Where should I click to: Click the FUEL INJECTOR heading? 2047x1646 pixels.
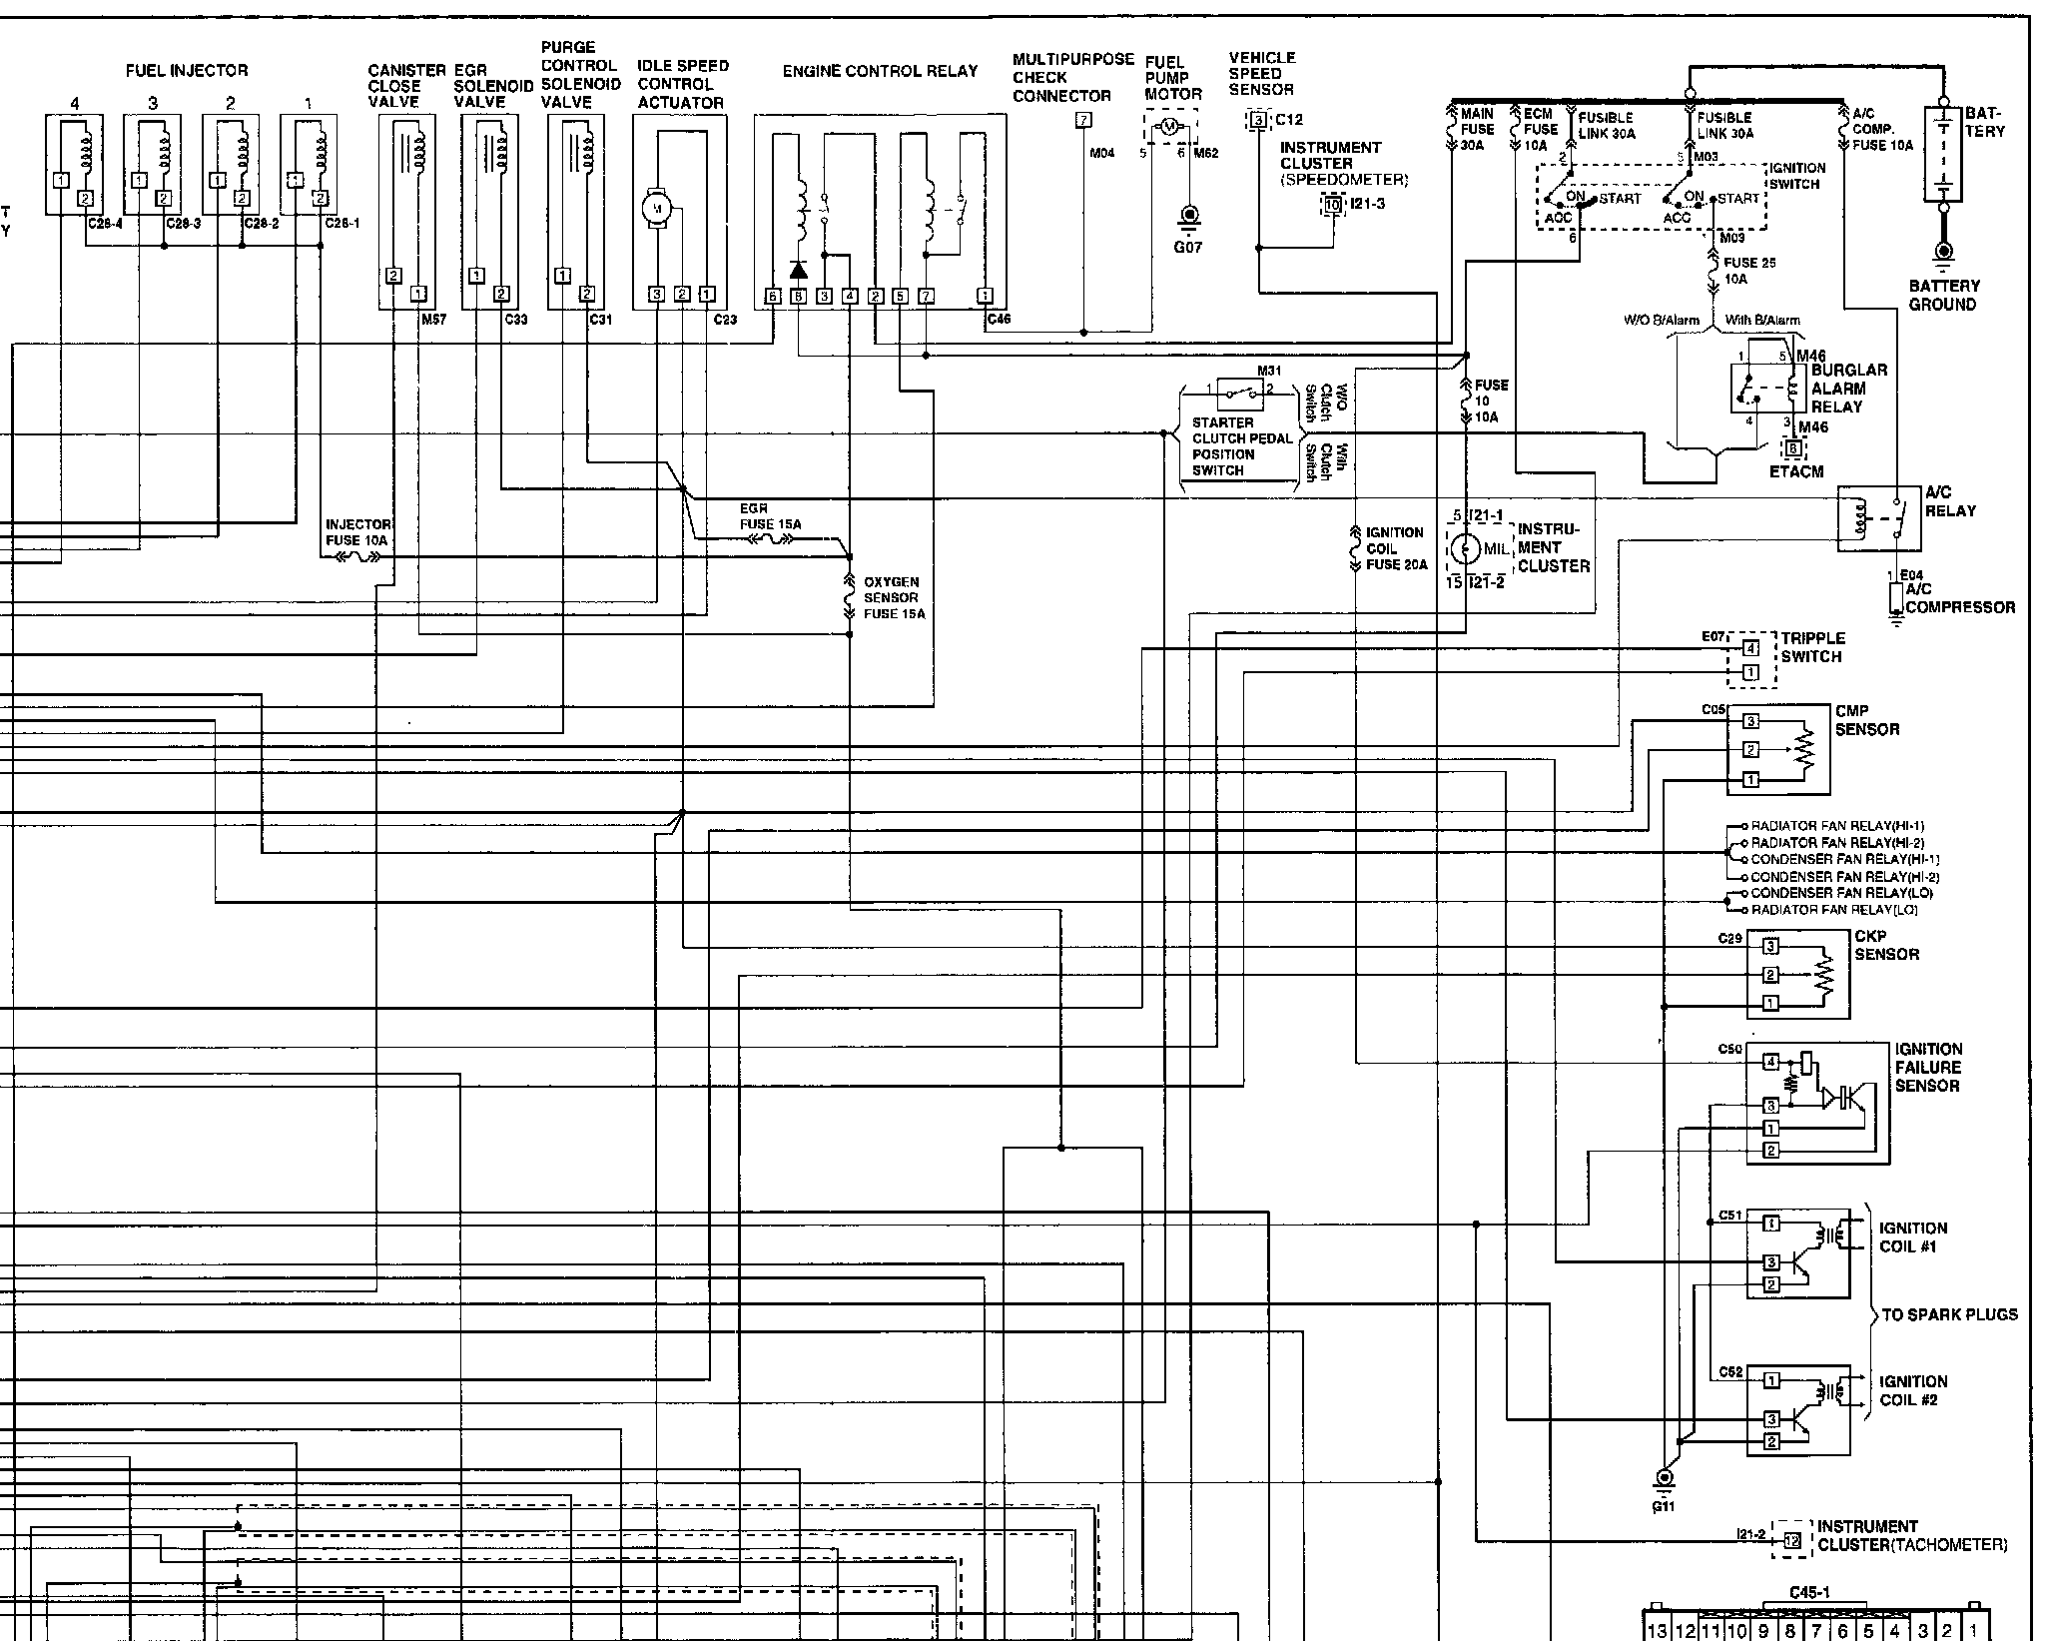point(187,71)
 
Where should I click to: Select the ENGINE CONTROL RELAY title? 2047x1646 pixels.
point(880,71)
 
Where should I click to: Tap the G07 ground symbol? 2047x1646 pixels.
point(1188,217)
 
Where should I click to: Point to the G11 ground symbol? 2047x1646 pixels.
point(1664,1478)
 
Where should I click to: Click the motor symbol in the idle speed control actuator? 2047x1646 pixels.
point(656,208)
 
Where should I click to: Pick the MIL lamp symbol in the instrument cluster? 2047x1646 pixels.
point(1465,548)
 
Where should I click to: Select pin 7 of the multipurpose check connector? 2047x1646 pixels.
point(1083,121)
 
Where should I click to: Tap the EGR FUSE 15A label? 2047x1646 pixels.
point(770,516)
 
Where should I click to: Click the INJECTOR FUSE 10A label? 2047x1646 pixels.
point(358,531)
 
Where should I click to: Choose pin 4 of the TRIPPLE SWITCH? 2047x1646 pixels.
point(1750,648)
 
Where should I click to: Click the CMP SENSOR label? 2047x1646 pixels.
point(1866,720)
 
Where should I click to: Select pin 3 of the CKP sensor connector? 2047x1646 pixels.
point(1770,946)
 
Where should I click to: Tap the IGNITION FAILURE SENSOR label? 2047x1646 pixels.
point(1928,1067)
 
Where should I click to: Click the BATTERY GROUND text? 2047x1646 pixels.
point(1943,295)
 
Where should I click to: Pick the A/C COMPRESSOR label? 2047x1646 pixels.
point(1960,598)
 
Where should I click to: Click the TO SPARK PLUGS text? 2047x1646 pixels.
point(1948,1314)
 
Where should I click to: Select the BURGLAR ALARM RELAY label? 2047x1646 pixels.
point(1848,388)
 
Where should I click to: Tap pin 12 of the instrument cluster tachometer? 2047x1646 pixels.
point(1792,1540)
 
